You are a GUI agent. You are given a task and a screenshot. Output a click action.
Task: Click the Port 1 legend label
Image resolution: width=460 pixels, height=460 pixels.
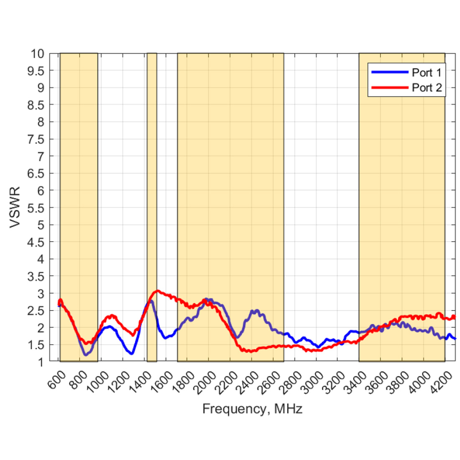(x=426, y=72)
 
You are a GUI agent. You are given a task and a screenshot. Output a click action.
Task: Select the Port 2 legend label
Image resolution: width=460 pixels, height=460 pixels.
(x=426, y=87)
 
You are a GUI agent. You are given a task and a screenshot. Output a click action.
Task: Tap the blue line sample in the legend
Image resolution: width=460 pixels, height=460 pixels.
(x=389, y=72)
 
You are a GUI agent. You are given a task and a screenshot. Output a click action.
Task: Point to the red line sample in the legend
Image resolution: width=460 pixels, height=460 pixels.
(x=389, y=87)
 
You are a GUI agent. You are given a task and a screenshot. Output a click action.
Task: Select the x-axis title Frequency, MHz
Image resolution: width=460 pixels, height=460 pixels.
(x=252, y=409)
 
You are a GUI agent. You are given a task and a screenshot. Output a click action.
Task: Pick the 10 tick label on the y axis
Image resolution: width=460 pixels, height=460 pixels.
(x=37, y=54)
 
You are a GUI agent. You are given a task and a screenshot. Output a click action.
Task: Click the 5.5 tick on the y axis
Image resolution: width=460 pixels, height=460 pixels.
(x=35, y=207)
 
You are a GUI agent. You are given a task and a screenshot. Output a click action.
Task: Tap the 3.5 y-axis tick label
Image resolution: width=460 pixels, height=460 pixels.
(x=35, y=276)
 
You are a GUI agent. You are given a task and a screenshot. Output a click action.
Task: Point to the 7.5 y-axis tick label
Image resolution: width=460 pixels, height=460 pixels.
(x=35, y=139)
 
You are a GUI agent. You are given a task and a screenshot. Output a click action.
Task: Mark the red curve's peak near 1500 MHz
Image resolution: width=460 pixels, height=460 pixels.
(x=157, y=291)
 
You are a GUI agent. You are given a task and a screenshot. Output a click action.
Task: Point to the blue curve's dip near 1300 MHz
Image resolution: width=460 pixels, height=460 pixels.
(x=131, y=354)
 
